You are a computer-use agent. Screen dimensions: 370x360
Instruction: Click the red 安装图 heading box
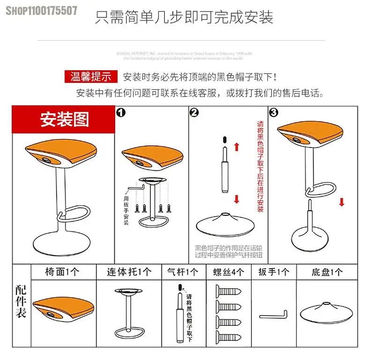(x=64, y=120)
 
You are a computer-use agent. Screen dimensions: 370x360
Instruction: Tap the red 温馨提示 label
(x=91, y=76)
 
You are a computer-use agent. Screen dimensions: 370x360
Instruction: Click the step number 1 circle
(x=121, y=112)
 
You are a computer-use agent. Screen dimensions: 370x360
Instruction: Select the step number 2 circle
(x=194, y=112)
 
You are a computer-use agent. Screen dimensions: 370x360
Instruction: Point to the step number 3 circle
(x=274, y=112)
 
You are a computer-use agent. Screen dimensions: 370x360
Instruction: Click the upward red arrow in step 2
(x=237, y=147)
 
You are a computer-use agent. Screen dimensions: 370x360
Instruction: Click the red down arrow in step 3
(x=342, y=202)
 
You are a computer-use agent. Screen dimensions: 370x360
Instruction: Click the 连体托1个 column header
(x=129, y=272)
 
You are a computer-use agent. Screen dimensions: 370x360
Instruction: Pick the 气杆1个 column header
(x=183, y=272)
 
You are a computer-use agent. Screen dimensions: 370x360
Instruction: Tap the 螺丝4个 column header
(x=229, y=272)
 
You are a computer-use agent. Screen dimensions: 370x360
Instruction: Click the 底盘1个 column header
(x=326, y=272)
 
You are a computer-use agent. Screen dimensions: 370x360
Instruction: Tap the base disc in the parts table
(x=326, y=313)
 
